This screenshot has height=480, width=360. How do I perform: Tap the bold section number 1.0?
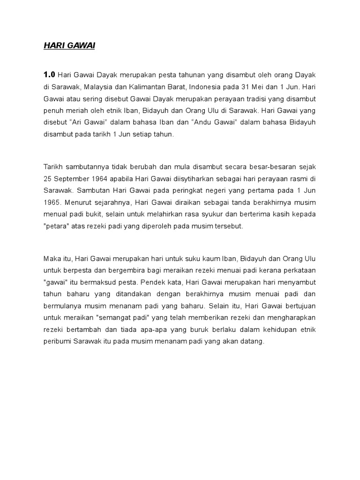point(49,74)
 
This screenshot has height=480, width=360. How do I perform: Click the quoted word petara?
point(57,226)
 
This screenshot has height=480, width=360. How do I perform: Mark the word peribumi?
point(59,341)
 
